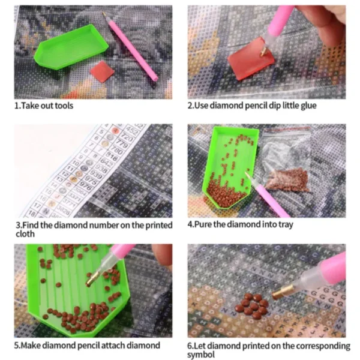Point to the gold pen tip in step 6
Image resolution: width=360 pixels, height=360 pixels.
(x=280, y=292)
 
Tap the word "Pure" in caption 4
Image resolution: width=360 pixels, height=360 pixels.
(x=202, y=225)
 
